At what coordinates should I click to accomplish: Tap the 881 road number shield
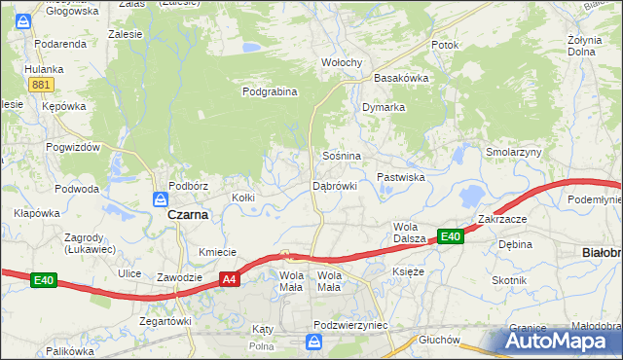tap(40, 86)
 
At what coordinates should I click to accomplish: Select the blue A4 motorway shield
tap(229, 279)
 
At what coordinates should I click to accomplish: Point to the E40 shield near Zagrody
tap(43, 280)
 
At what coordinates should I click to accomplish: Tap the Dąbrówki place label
tap(335, 185)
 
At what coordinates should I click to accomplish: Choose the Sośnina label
tap(342, 156)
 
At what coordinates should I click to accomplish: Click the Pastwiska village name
tap(401, 177)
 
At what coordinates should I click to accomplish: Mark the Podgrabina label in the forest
tap(270, 92)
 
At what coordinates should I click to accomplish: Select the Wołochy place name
tap(342, 63)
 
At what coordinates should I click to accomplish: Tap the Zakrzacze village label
tap(502, 219)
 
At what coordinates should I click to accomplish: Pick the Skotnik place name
tap(509, 280)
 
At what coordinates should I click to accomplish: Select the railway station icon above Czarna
tap(160, 198)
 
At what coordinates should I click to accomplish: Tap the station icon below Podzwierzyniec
tap(313, 342)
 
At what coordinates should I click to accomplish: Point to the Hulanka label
tap(44, 69)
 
